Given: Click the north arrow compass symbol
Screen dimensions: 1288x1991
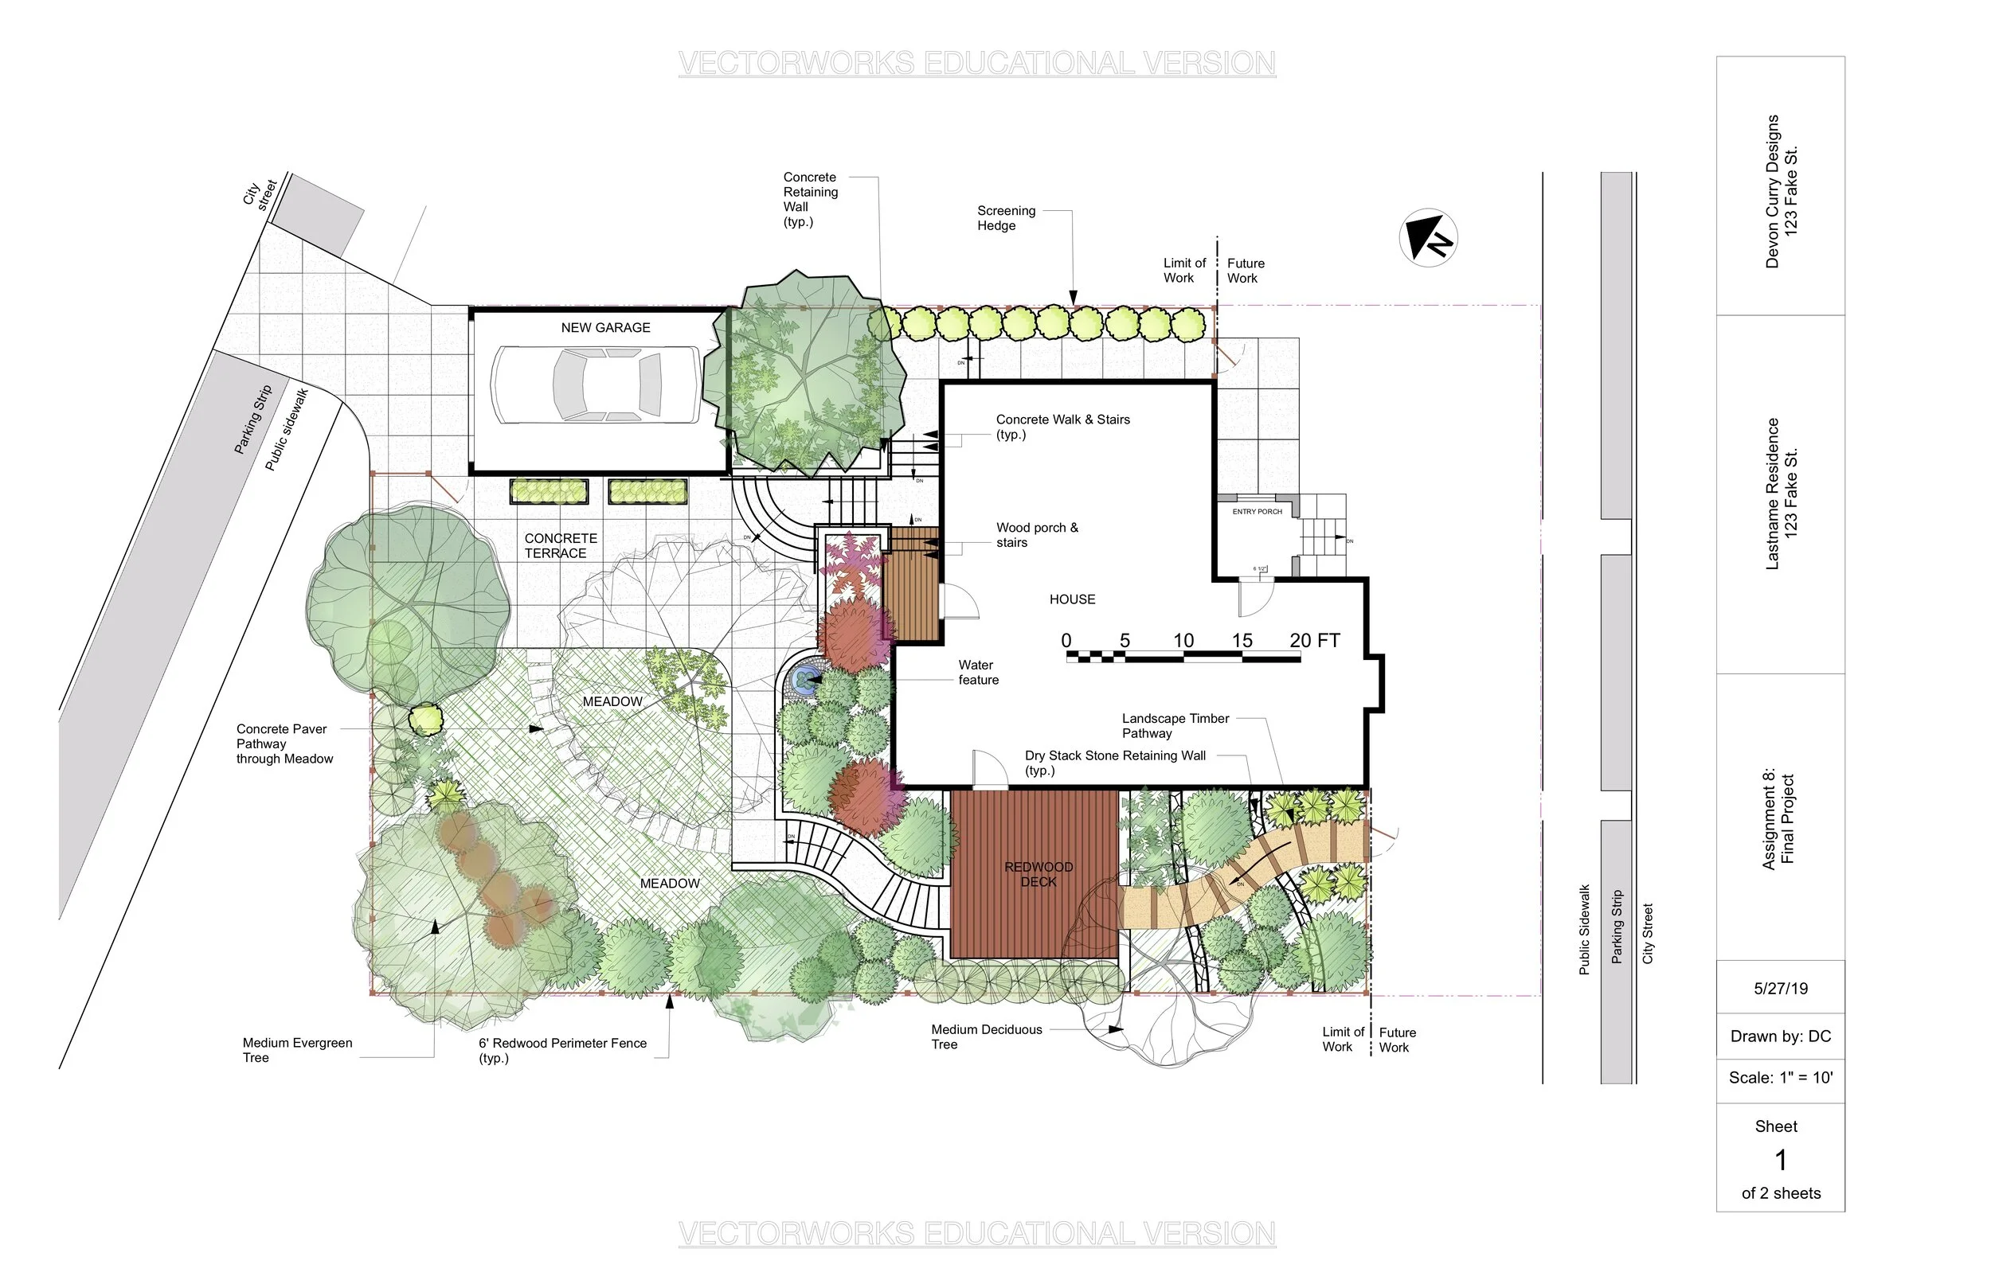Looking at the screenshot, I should click(1428, 238).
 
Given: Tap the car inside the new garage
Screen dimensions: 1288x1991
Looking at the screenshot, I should click(596, 384).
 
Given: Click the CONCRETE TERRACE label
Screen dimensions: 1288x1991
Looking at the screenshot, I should click(560, 546).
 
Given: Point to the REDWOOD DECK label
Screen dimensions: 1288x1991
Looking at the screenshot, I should click(1039, 874).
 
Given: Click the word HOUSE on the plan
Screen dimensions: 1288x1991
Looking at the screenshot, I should click(1072, 599).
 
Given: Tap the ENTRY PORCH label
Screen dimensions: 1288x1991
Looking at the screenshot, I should click(1257, 512).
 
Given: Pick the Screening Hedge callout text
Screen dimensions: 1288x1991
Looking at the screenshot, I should click(1006, 218).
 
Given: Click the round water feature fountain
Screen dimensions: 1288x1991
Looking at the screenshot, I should click(806, 680).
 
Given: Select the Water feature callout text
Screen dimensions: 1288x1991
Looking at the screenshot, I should click(977, 673).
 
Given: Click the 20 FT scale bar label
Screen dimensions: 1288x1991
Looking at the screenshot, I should click(1314, 641).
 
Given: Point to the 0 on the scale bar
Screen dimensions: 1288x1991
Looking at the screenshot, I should click(1066, 641).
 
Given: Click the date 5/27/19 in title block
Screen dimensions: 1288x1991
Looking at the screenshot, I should click(1780, 989).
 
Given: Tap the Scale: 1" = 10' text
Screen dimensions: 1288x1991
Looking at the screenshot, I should click(1780, 1078).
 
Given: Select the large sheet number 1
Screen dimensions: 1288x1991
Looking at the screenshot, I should click(1781, 1160).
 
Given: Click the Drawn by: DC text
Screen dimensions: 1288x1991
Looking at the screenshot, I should click(1780, 1036).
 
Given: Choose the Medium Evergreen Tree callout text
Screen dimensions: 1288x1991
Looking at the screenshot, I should click(297, 1051).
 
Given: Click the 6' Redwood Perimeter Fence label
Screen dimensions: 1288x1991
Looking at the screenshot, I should click(562, 1051).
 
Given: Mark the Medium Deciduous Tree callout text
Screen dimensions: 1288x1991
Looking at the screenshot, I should click(986, 1037).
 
